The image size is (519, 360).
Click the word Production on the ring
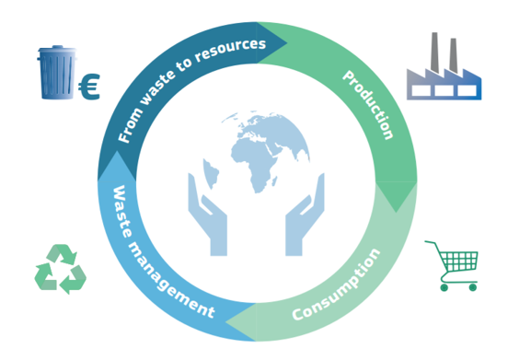(x=368, y=105)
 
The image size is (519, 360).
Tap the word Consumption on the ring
(x=336, y=285)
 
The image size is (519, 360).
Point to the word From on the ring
(x=131, y=125)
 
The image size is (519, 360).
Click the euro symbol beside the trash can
(x=89, y=87)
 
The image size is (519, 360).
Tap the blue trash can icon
(x=57, y=73)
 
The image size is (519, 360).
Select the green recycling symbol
(x=60, y=269)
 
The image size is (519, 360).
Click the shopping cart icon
(x=452, y=266)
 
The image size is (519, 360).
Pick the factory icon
(x=444, y=66)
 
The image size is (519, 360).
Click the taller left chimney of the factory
(x=434, y=52)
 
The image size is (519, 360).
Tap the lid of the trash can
(x=57, y=50)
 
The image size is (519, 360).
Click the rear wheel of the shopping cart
(x=444, y=287)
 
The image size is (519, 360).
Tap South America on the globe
(x=211, y=173)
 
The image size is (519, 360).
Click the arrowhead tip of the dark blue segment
(x=286, y=43)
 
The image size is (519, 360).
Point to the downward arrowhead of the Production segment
(x=397, y=212)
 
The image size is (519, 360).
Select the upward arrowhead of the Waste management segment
(x=117, y=151)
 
